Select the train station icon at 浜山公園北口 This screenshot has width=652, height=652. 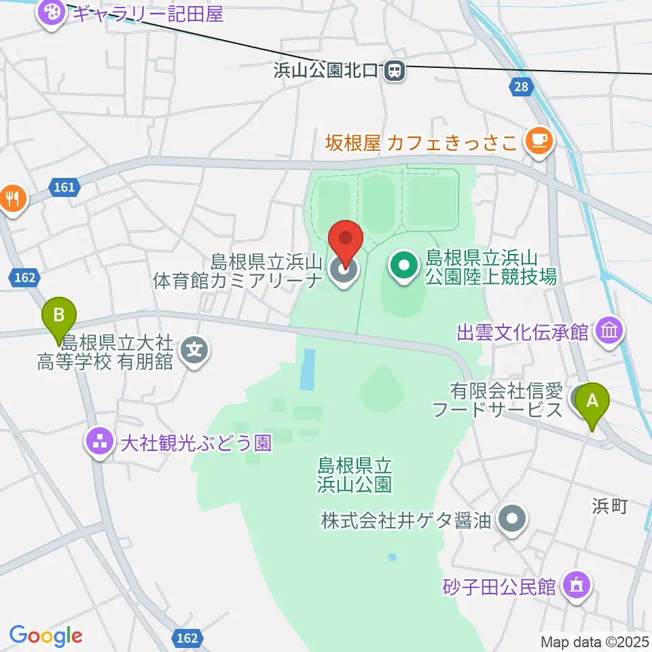click(394, 70)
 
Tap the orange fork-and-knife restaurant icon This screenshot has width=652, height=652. click(12, 198)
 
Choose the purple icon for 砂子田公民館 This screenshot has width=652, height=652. click(577, 584)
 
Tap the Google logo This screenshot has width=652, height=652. click(46, 636)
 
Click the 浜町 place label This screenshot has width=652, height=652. click(609, 505)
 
